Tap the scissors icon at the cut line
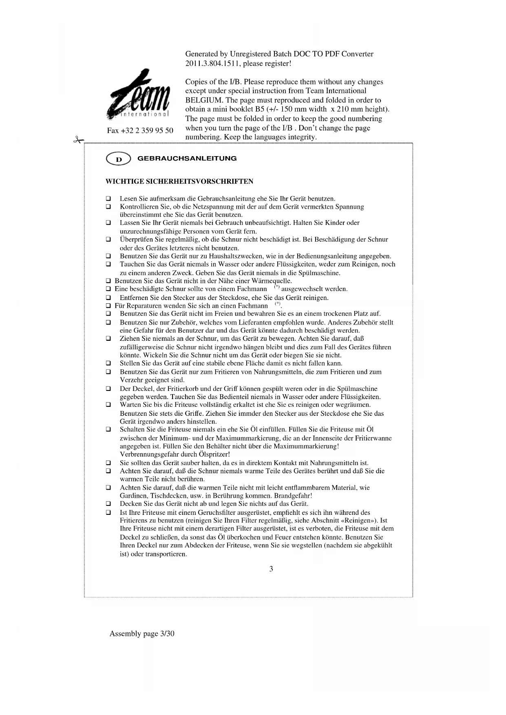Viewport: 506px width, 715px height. click(x=77, y=140)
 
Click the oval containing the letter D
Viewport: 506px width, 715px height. click(x=118, y=159)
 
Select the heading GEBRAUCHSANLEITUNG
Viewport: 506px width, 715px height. click(x=187, y=159)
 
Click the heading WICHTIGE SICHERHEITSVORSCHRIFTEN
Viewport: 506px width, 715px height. click(x=179, y=181)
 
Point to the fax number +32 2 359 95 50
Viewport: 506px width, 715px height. click(x=140, y=130)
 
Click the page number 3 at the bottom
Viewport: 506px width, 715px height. click(x=271, y=569)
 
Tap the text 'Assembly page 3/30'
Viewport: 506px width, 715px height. click(x=142, y=633)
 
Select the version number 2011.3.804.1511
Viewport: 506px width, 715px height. click(x=212, y=64)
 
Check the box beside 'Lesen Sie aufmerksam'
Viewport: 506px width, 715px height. click(x=108, y=199)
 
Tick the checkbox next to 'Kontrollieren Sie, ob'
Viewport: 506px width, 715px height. click(x=108, y=207)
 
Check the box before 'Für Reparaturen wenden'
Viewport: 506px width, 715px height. click(x=108, y=306)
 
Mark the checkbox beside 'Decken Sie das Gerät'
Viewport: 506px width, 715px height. click(x=108, y=504)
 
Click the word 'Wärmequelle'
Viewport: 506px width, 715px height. click(x=272, y=281)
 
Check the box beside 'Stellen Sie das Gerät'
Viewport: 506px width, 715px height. click(x=108, y=363)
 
